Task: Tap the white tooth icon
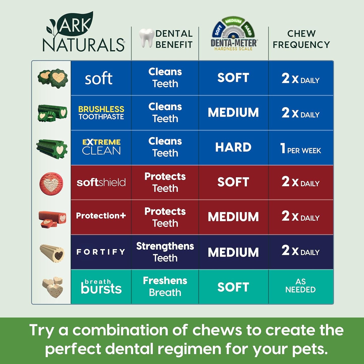pyautogui.click(x=147, y=38)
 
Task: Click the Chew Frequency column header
pyautogui.click(x=301, y=39)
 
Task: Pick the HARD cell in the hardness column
pyautogui.click(x=233, y=147)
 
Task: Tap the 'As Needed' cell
pyautogui.click(x=301, y=286)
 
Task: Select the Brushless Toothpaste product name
pyautogui.click(x=101, y=113)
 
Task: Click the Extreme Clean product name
pyautogui.click(x=101, y=147)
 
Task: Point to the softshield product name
pyautogui.click(x=101, y=182)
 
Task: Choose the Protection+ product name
pyautogui.click(x=101, y=216)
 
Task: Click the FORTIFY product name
pyautogui.click(x=101, y=252)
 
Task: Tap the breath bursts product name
pyautogui.click(x=101, y=287)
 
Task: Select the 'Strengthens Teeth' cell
pyautogui.click(x=165, y=252)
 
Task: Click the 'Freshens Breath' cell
pyautogui.click(x=165, y=286)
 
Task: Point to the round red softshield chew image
pyautogui.click(x=51, y=183)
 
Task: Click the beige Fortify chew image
pyautogui.click(x=52, y=253)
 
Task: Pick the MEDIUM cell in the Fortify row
pyautogui.click(x=233, y=252)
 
